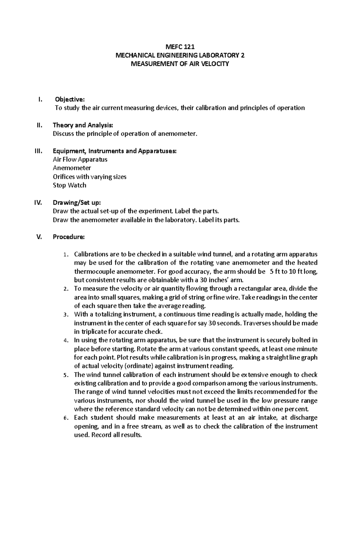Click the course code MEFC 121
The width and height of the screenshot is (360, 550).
180,47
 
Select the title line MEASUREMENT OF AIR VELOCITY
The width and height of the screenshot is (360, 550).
180,64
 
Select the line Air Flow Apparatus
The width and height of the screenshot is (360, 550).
80,159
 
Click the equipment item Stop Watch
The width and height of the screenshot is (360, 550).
69,185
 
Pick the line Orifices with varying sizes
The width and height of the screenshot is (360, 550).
89,177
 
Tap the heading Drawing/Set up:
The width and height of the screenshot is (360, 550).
75,203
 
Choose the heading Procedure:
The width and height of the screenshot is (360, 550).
69,237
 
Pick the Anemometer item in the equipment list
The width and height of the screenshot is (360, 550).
72,168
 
